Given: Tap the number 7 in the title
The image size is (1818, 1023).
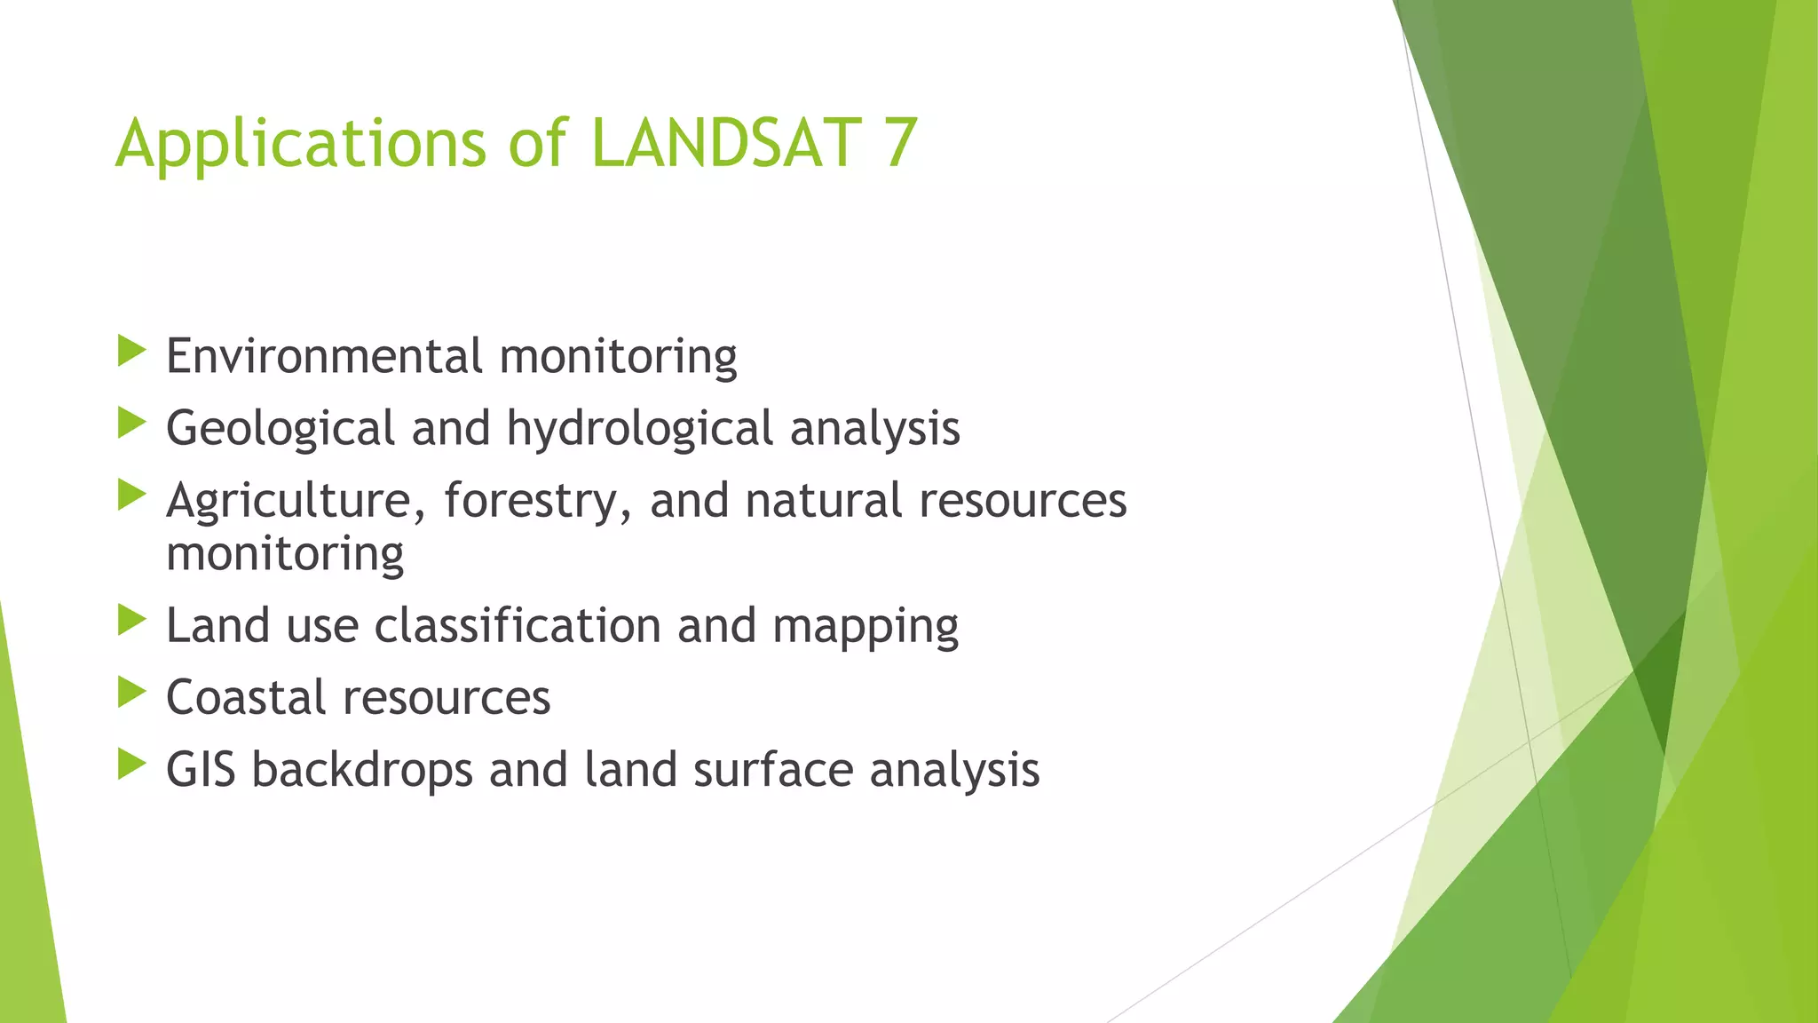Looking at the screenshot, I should [x=899, y=143].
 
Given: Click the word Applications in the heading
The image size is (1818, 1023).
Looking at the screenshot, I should [x=301, y=145].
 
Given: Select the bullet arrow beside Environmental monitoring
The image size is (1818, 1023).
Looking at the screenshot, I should [x=131, y=352].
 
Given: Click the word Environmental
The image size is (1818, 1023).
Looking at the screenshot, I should [x=324, y=356].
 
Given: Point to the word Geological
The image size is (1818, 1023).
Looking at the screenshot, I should [x=280, y=429].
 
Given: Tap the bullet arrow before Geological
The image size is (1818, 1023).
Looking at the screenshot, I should [x=131, y=424].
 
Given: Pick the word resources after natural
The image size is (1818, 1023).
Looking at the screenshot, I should [x=1023, y=501].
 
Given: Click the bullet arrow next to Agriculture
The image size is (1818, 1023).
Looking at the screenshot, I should [x=131, y=496].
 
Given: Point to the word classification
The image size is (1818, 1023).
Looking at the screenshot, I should [x=518, y=626].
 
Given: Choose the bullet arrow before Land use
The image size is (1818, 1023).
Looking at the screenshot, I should [x=131, y=621].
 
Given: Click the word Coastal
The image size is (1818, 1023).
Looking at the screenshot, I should [x=246, y=698].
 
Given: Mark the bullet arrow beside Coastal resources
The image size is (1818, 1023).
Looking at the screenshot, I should [x=131, y=693].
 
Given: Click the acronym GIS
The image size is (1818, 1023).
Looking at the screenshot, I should [x=201, y=770].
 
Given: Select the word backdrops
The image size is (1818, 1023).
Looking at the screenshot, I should [x=362, y=770].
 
